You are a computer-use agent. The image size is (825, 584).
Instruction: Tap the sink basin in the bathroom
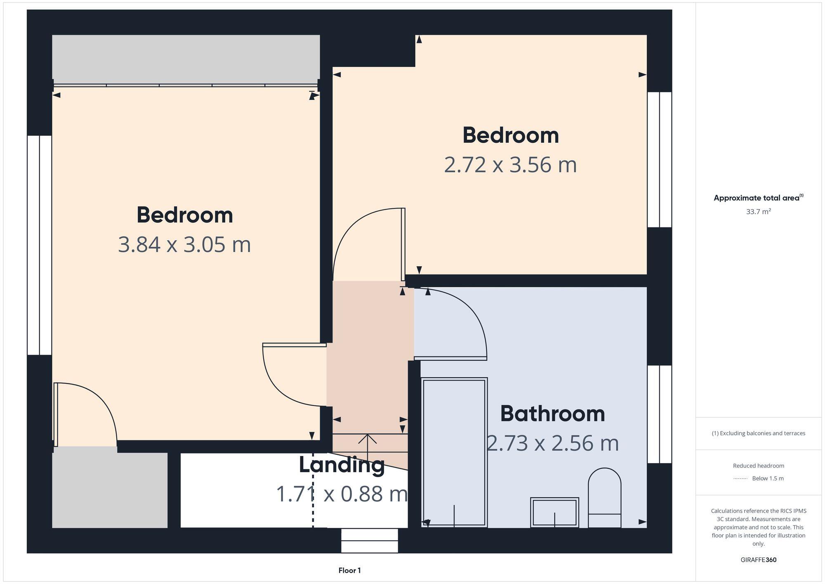coord(554,512)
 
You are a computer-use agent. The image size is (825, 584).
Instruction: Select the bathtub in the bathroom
coord(454,452)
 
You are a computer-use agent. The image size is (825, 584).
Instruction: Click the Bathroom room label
coord(552,414)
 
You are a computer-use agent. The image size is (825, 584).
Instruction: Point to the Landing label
coord(342,465)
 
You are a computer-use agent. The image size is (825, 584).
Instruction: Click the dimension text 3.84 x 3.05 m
coord(184,244)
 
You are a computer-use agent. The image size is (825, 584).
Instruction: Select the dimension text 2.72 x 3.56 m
coord(510,165)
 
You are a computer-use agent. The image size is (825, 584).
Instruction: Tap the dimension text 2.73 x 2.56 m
coord(553,443)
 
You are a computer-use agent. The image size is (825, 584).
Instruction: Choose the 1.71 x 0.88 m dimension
coord(342,494)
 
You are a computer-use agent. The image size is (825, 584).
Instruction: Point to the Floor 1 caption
coord(349,570)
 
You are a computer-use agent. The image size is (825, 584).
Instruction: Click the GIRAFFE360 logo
coord(758,560)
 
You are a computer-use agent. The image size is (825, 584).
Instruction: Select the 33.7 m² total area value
coord(758,212)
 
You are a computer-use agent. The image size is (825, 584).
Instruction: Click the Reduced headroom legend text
coord(758,466)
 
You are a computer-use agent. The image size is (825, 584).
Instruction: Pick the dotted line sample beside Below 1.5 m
coord(740,479)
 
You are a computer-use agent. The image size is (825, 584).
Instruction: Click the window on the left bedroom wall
coord(40,245)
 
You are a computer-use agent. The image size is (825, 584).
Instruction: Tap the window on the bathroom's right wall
coord(659,414)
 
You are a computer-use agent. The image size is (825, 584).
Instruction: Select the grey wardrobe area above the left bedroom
coord(186,59)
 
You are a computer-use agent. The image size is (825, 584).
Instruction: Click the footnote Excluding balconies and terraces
coord(758,433)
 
